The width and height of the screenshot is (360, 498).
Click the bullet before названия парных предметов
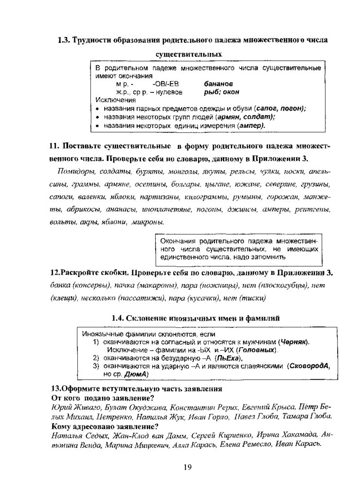point(97,108)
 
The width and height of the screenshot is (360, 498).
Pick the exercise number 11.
point(54,146)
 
